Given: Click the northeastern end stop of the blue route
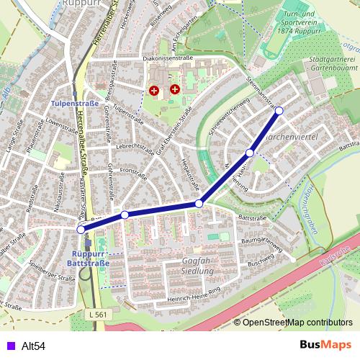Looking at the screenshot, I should pyautogui.click(x=279, y=110).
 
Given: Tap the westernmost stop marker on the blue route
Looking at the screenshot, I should pyautogui.click(x=81, y=229).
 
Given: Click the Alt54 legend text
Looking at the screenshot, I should pyautogui.click(x=33, y=346).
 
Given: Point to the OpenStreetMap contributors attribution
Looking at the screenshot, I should pyautogui.click(x=297, y=323).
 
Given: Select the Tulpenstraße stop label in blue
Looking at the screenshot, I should pyautogui.click(x=70, y=104).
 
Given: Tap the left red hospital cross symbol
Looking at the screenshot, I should pyautogui.click(x=154, y=90).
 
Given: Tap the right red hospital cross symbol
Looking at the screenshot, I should pyautogui.click(x=175, y=89).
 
